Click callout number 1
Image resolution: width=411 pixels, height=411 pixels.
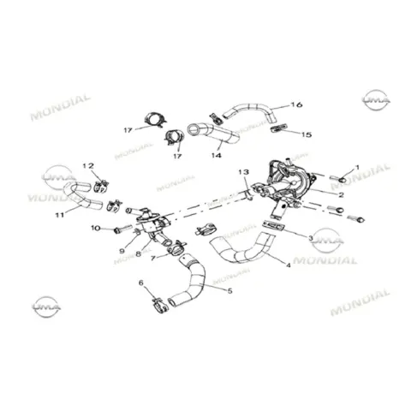point(357,168)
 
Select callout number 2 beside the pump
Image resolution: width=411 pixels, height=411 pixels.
point(341,195)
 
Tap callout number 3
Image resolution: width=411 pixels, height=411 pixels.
point(311,238)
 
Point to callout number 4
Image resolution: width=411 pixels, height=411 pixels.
point(289,265)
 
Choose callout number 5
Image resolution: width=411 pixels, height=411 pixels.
point(229,291)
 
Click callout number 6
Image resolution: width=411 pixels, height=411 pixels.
point(141,283)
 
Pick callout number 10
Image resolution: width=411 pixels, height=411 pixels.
point(96,228)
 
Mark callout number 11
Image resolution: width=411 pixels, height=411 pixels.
point(60,215)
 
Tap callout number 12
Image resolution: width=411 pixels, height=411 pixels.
point(88,165)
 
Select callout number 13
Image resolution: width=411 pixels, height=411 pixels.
point(244,172)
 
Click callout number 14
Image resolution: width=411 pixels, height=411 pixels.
point(217,155)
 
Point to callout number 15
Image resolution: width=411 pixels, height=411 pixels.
point(307,134)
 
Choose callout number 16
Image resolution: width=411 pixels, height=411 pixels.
point(296,104)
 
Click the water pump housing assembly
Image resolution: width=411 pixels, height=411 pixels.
point(289,186)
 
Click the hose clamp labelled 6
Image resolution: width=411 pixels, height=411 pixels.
point(160,306)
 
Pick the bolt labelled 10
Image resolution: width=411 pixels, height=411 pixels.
point(122,229)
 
